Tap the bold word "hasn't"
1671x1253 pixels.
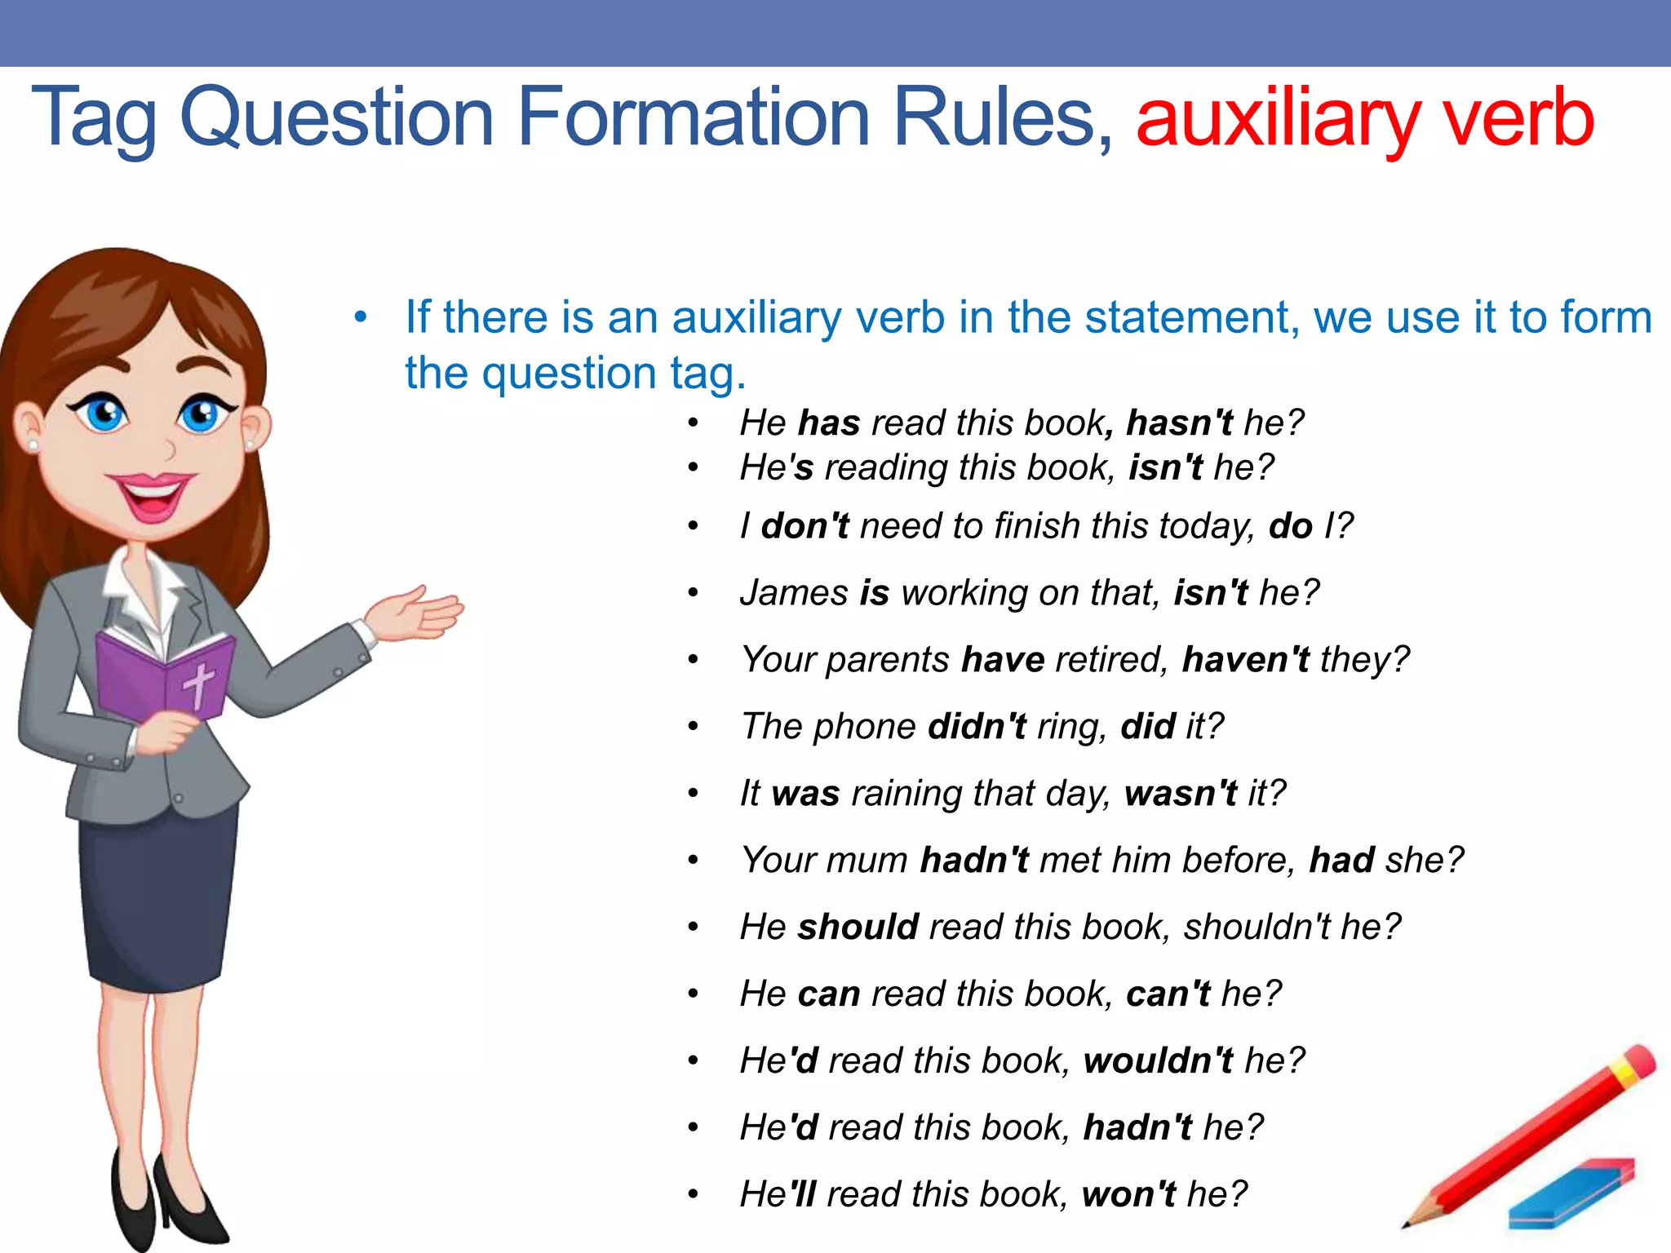coord(1180,423)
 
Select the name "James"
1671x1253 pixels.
coord(793,593)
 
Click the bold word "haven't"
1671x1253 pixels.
coord(1245,660)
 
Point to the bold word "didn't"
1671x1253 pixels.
coord(977,727)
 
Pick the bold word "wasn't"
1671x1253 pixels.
coord(1180,794)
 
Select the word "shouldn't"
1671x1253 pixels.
coord(1257,928)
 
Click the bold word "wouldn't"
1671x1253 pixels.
coord(1158,1061)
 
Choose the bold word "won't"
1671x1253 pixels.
coord(1128,1195)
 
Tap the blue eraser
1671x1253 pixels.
coord(1571,1193)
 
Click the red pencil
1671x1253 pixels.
coord(1534,1134)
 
